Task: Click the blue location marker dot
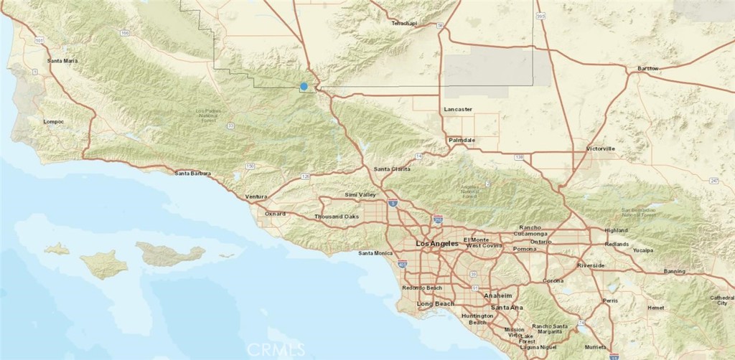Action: [x=304, y=86]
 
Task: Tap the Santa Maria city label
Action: [x=62, y=61]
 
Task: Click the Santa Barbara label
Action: [x=193, y=173]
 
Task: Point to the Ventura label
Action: [x=256, y=196]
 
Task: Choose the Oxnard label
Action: [x=275, y=214]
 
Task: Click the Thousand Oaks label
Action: [x=336, y=217]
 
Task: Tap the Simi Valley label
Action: [x=360, y=195]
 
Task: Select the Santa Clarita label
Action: [x=392, y=169]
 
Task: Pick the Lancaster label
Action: [x=458, y=109]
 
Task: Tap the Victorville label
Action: [x=600, y=149]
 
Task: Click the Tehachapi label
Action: [x=403, y=23]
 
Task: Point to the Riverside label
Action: [x=591, y=266]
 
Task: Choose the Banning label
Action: [x=674, y=271]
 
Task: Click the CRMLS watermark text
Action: [x=275, y=349]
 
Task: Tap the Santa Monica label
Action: [x=375, y=253]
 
